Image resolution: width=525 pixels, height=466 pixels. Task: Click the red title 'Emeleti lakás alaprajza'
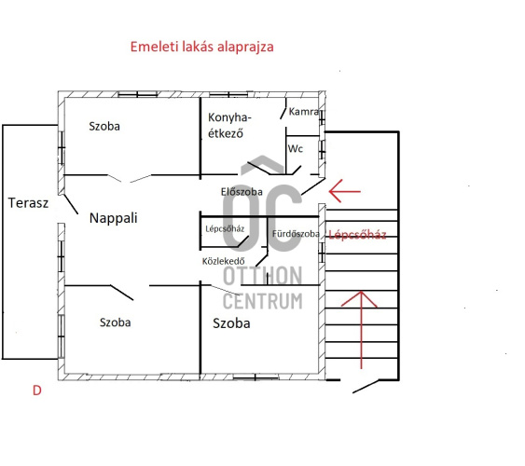tap(202, 47)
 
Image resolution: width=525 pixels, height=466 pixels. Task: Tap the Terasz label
tap(28, 203)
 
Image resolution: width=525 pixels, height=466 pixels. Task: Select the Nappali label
tap(114, 218)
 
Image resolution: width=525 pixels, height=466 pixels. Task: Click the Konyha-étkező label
tap(229, 126)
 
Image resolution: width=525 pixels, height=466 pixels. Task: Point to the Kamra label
tap(303, 112)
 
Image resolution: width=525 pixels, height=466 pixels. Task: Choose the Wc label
tap(296, 148)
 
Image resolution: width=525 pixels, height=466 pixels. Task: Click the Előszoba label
tap(242, 192)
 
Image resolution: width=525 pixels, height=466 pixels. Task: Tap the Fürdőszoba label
tap(296, 234)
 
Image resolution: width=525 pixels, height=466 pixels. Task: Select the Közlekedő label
tap(223, 261)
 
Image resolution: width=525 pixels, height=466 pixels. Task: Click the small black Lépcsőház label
tap(225, 229)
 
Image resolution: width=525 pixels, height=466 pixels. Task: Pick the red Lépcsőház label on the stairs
tap(357, 235)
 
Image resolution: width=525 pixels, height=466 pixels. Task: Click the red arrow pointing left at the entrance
tap(344, 191)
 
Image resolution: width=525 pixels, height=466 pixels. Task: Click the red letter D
tap(36, 391)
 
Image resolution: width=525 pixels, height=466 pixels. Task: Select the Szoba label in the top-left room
tap(104, 126)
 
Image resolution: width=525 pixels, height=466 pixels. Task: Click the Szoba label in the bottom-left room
tap(116, 322)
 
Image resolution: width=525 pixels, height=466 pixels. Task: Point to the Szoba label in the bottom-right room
tap(231, 323)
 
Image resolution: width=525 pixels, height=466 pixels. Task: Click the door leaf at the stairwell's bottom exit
tap(366, 386)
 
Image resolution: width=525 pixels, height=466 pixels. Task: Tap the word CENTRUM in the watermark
tap(263, 301)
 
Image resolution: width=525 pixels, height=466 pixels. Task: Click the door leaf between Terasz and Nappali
tap(71, 204)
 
